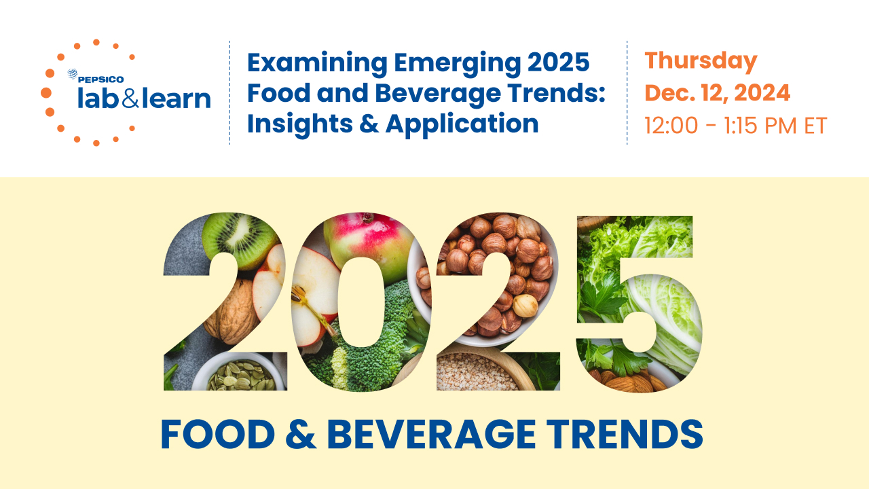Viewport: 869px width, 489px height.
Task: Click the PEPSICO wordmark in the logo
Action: click(x=101, y=79)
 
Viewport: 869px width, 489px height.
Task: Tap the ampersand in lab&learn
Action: click(x=130, y=99)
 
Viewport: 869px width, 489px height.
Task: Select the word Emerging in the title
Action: click(x=458, y=64)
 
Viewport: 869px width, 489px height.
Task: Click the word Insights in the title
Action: click(x=300, y=124)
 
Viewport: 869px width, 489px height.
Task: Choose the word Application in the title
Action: click(x=462, y=124)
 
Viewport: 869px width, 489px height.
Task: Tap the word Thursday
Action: click(x=701, y=62)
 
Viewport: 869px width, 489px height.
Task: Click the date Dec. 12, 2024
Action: click(x=718, y=93)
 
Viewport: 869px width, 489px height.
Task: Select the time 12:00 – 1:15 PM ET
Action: click(x=736, y=126)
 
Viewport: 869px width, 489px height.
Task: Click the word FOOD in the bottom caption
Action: click(x=218, y=435)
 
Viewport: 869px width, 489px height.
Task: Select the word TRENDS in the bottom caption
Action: click(x=625, y=435)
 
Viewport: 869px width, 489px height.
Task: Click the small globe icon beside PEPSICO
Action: click(x=72, y=74)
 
